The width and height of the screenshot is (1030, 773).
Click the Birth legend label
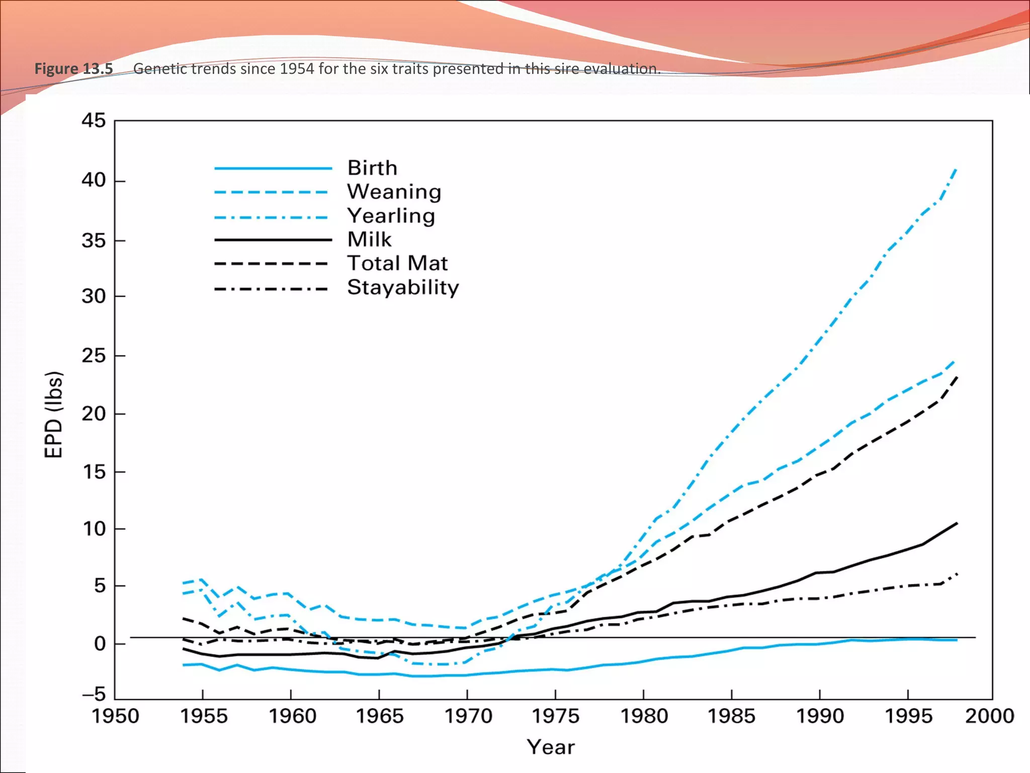tap(372, 168)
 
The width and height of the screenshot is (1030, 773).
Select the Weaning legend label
tap(394, 192)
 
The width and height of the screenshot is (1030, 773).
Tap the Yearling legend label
tap(391, 216)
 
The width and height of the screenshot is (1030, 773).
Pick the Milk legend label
tap(369, 240)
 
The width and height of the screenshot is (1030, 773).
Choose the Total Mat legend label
tap(397, 263)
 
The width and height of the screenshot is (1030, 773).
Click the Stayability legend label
tap(403, 287)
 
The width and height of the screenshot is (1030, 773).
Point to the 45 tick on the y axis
tap(94, 121)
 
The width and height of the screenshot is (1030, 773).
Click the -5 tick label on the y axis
tap(94, 695)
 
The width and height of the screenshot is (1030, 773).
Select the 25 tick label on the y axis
tap(94, 356)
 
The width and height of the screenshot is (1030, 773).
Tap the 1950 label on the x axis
tap(115, 716)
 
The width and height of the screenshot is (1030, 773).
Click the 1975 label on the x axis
tap(555, 716)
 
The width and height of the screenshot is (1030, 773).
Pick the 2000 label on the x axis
tap(989, 716)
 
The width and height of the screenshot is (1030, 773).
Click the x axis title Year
tap(551, 747)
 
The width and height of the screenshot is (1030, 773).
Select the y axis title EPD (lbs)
tap(54, 415)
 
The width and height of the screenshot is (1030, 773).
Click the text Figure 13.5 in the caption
tap(73, 68)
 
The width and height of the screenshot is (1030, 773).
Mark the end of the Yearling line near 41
tap(956, 170)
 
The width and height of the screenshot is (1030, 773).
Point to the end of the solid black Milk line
tap(956, 523)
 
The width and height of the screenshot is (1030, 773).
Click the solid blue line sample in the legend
tap(273, 168)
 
